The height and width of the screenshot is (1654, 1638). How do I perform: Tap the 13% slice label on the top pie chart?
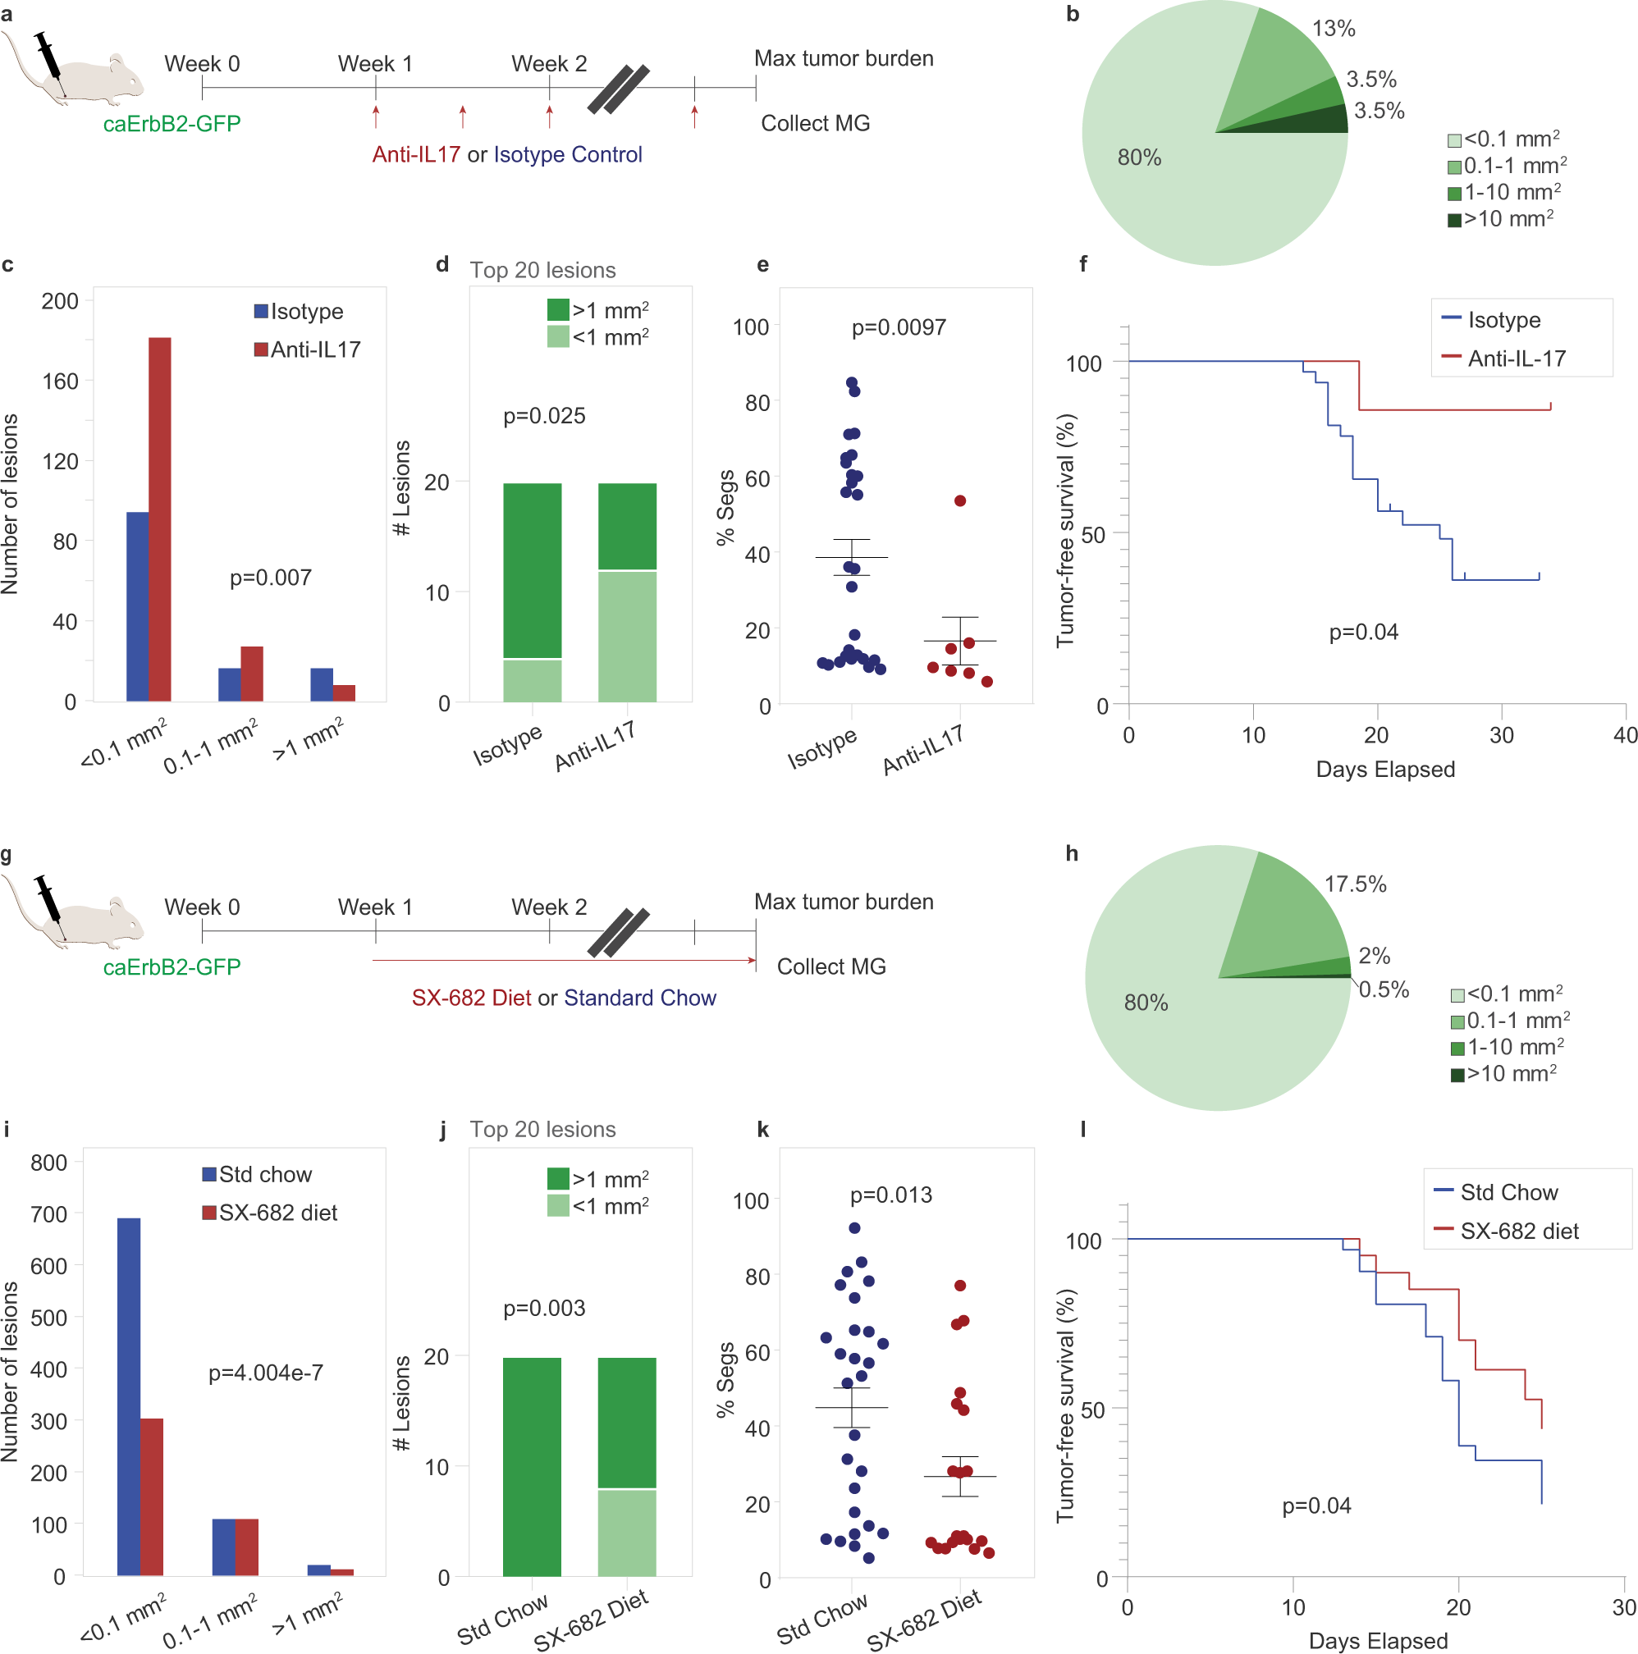point(1334,28)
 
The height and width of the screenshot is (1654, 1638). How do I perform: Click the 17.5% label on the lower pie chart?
point(1355,884)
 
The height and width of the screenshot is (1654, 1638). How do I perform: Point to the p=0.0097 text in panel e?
point(899,327)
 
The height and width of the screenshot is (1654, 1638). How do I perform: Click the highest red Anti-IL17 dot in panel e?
point(960,500)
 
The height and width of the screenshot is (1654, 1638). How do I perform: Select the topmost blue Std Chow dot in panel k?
point(853,1227)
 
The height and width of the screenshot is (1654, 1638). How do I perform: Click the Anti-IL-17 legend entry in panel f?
point(1516,358)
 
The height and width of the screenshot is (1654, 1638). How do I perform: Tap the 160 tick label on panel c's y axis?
point(60,381)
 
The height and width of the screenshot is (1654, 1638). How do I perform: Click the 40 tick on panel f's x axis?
point(1624,734)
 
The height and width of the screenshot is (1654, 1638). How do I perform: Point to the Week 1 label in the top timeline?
point(375,63)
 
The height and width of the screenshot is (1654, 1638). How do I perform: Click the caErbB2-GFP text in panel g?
point(172,966)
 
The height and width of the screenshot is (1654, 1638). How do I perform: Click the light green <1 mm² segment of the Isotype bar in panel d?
point(532,680)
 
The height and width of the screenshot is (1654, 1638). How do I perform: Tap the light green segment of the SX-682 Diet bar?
point(627,1533)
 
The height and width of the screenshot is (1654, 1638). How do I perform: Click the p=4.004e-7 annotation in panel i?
point(265,1373)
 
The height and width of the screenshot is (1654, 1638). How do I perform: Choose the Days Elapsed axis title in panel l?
point(1377,1640)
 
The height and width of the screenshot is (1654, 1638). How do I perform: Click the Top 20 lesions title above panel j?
point(542,1129)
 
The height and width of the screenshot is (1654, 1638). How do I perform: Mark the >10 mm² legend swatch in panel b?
point(1453,220)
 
